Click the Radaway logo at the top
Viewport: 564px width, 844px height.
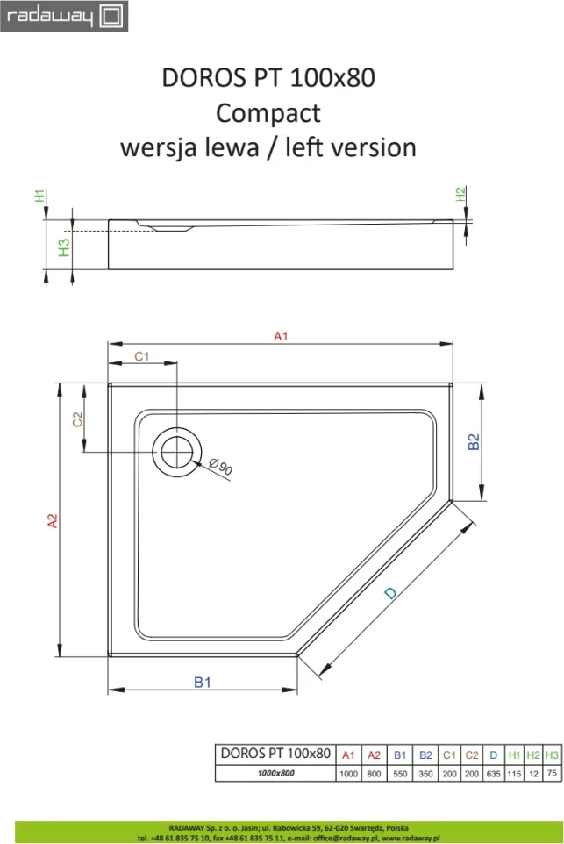(x=64, y=16)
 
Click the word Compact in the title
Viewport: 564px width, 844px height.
(x=268, y=113)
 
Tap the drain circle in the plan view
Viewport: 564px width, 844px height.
(x=177, y=452)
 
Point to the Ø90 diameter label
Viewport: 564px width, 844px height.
(x=221, y=467)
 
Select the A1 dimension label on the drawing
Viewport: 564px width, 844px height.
(x=281, y=336)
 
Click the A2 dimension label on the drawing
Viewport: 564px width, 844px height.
(x=53, y=521)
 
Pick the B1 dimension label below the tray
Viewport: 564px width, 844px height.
(x=203, y=683)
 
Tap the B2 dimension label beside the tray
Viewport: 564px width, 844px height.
(x=474, y=442)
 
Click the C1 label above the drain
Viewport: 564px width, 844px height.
(x=141, y=356)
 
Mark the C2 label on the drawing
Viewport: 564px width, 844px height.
(x=78, y=419)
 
